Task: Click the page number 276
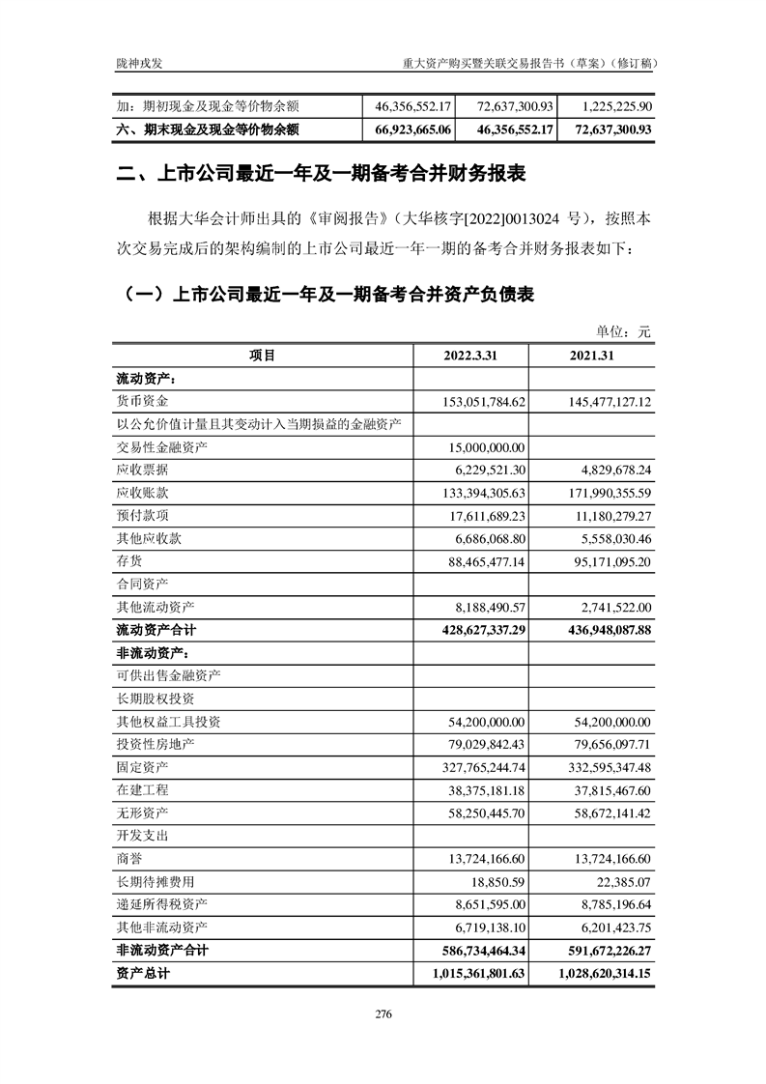coord(383,1014)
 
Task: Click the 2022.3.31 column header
coord(470,356)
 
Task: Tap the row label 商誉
coord(128,859)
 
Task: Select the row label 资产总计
coord(142,974)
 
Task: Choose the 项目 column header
coord(262,356)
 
